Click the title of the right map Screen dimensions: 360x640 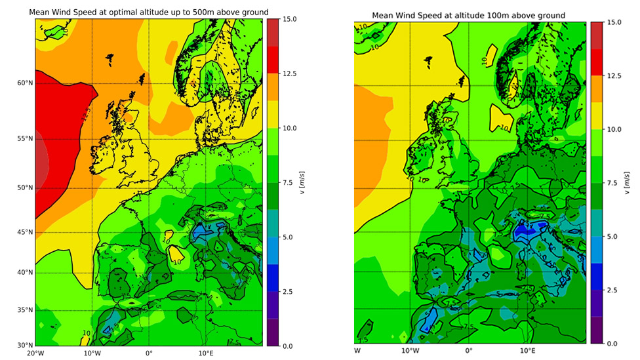point(469,15)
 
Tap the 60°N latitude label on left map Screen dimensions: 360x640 point(24,83)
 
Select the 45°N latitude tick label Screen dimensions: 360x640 point(24,231)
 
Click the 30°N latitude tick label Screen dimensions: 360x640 point(24,346)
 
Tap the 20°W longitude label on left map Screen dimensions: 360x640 point(35,354)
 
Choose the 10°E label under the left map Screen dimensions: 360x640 point(205,354)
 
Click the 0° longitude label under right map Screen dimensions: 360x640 point(468,351)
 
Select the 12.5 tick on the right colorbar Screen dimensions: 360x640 point(614,76)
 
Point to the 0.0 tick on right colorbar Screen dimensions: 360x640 point(614,343)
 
